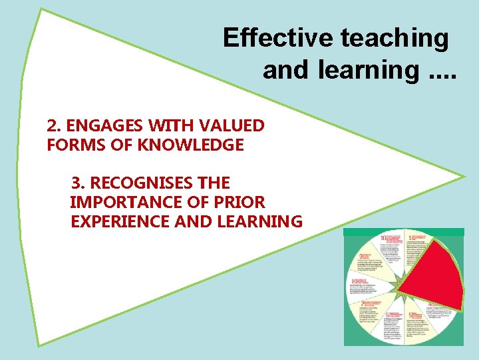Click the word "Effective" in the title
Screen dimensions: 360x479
277,38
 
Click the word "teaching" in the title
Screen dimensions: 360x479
395,38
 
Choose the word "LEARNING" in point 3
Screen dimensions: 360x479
259,221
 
